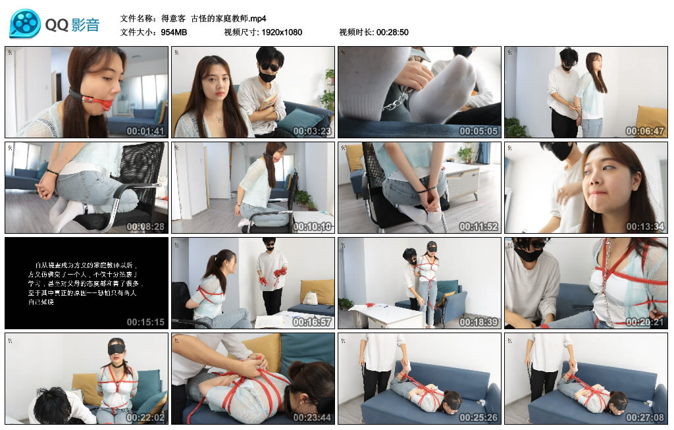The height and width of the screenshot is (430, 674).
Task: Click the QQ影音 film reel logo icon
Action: coord(25,24)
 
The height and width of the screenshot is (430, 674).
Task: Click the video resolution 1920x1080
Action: coord(281,32)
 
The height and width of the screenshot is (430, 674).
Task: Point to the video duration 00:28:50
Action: coord(392,32)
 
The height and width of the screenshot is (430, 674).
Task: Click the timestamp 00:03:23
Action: coord(312,131)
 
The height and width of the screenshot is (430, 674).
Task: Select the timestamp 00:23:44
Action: coord(312,417)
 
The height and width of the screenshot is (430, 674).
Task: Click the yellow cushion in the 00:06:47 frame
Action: coord(651,119)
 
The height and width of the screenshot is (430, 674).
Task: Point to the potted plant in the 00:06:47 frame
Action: coord(515,126)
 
